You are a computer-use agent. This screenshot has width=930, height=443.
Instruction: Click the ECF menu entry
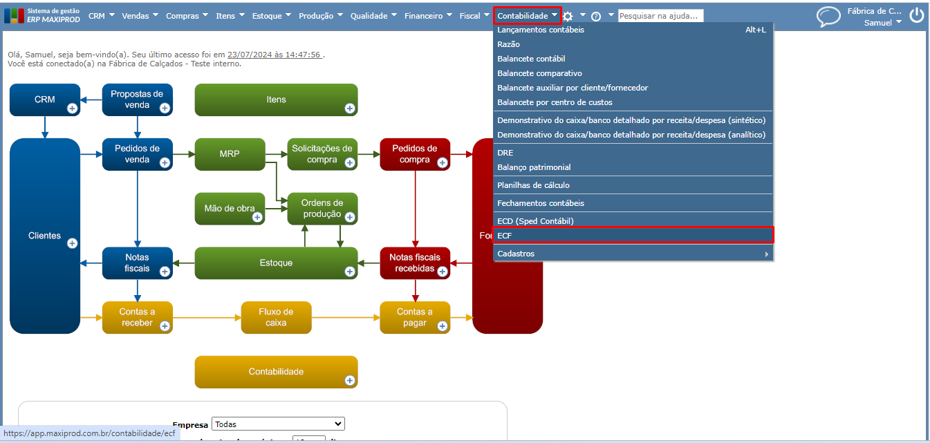click(505, 236)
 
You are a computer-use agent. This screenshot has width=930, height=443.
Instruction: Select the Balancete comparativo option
click(539, 73)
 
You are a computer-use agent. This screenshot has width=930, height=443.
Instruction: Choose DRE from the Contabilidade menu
click(505, 153)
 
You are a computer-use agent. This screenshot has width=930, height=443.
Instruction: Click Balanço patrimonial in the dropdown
click(534, 167)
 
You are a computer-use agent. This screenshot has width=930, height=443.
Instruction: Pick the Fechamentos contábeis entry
click(541, 203)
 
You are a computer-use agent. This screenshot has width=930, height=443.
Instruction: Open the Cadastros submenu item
click(516, 254)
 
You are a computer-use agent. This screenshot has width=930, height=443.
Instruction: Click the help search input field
click(660, 16)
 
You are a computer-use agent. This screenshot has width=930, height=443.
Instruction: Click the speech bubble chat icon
click(828, 17)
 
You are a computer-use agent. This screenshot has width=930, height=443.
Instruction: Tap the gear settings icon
click(568, 16)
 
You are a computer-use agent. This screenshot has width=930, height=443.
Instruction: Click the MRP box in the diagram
click(230, 153)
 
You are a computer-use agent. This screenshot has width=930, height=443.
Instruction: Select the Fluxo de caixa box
click(276, 317)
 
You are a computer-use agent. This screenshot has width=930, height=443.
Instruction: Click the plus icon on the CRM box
click(72, 109)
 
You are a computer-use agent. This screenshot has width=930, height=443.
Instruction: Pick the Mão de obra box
click(230, 208)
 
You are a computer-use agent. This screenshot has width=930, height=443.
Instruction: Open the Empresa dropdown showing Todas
click(278, 424)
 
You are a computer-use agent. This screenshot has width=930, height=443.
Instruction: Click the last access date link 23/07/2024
click(275, 55)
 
